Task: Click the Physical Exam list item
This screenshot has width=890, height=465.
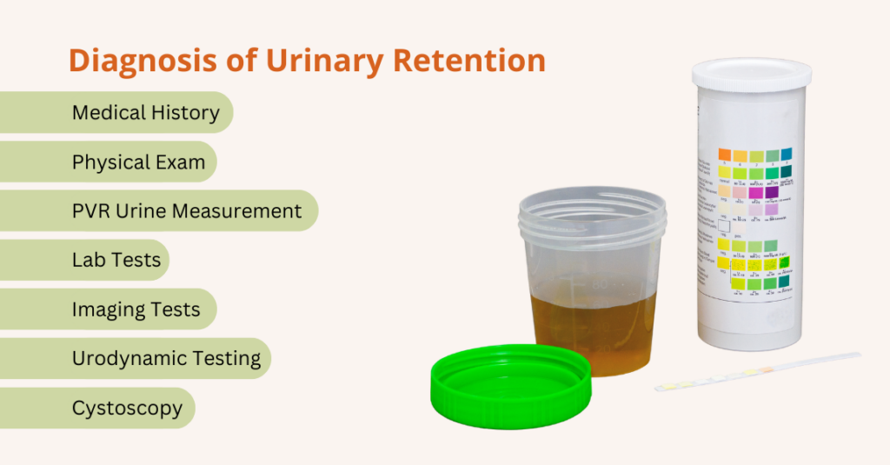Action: coord(138,162)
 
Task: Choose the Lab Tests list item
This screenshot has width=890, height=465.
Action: coord(116,260)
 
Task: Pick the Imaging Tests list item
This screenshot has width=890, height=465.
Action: coord(136,309)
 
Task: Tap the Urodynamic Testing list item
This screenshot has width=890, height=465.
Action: coord(166,358)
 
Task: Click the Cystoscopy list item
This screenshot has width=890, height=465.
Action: coord(127,408)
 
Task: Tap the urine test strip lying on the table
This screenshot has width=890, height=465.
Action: coord(756,371)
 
